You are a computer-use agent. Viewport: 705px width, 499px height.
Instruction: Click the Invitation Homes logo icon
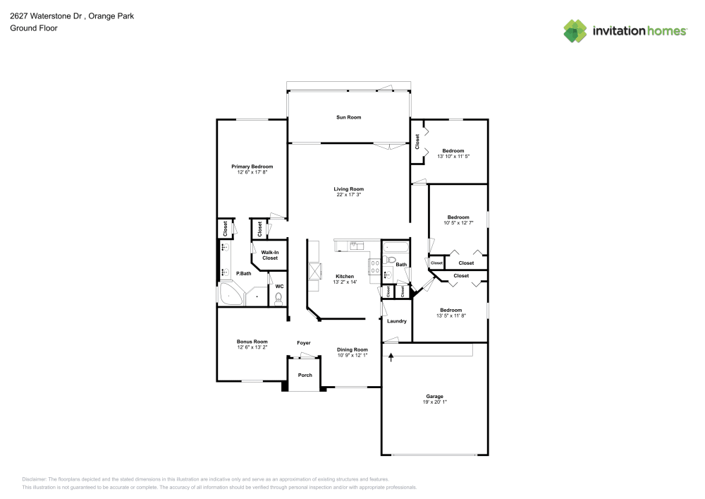pos(575,30)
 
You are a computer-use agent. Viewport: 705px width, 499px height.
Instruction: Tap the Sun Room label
pos(348,117)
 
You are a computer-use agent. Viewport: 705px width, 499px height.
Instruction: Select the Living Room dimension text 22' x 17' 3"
pos(349,195)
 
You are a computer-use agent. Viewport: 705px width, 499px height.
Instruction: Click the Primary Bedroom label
pos(252,167)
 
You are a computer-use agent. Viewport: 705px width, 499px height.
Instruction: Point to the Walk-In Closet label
pos(269,255)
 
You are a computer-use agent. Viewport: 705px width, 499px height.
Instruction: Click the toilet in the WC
pos(278,299)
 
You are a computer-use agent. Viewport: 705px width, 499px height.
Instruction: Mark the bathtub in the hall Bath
pos(395,247)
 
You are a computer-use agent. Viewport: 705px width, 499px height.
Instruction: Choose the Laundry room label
pos(397,321)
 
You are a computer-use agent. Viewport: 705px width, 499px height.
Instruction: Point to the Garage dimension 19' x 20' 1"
pos(434,402)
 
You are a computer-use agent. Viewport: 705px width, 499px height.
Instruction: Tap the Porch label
pos(305,375)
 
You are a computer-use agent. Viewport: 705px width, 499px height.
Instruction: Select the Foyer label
pos(303,343)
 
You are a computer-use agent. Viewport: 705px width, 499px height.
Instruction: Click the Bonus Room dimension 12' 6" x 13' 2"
pos(252,347)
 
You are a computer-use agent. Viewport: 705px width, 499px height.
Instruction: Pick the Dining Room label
pos(352,349)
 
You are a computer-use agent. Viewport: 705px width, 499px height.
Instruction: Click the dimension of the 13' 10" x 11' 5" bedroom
pos(453,156)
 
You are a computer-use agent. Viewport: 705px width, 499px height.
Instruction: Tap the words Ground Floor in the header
pos(34,28)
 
